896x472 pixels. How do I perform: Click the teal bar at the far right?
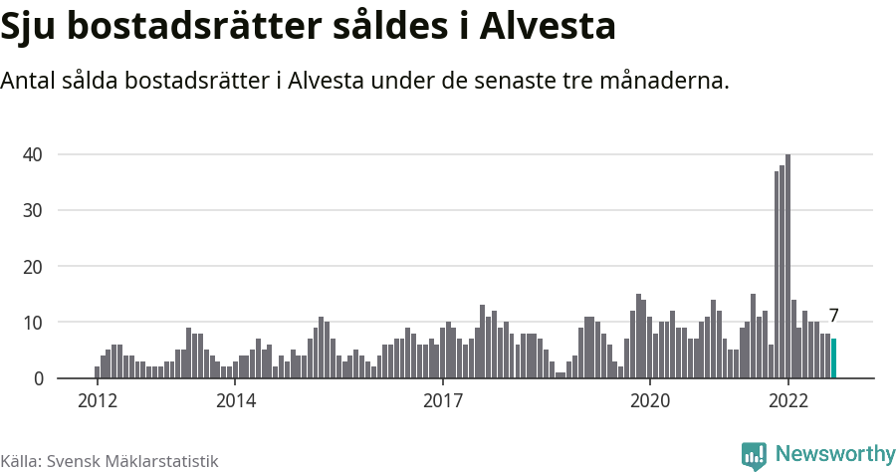click(834, 358)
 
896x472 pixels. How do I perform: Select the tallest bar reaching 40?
click(787, 267)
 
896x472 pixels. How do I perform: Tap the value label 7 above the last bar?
click(834, 316)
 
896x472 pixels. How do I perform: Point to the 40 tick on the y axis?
click(34, 154)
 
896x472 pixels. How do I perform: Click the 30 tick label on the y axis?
click(34, 210)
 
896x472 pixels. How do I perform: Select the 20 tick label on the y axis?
click(34, 267)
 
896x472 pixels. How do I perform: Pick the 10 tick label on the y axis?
click(34, 323)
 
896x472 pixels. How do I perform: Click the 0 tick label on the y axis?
click(39, 378)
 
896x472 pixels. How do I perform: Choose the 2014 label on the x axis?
click(236, 400)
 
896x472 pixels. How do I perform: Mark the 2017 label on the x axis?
click(443, 400)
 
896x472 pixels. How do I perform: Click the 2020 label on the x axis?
click(650, 400)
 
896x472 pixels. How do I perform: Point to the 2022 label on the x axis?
click(788, 400)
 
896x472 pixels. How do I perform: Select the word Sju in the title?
click(30, 26)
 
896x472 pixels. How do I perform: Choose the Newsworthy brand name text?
click(835, 454)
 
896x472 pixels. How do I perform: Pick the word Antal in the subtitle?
click(29, 80)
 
